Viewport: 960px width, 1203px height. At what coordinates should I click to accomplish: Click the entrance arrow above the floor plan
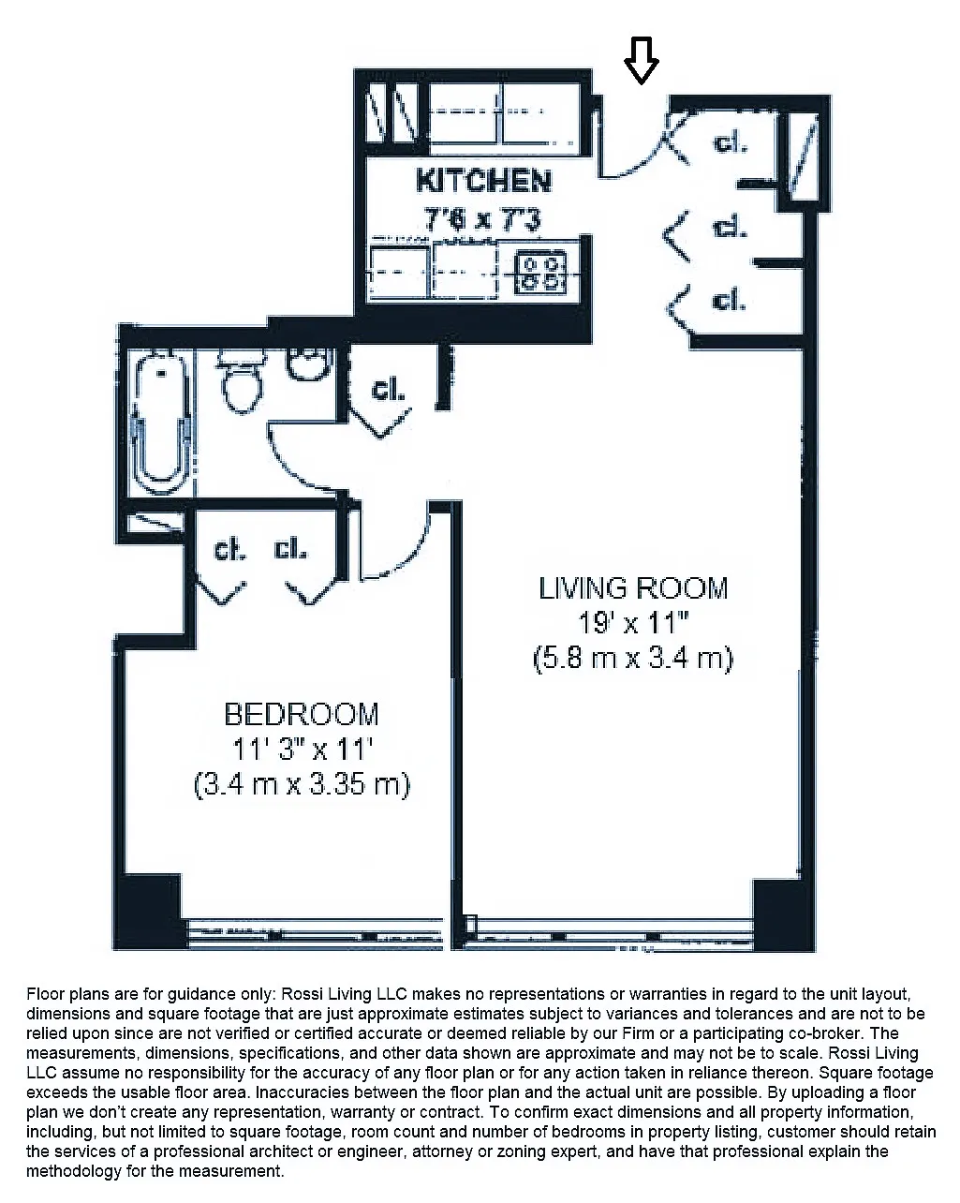(x=642, y=60)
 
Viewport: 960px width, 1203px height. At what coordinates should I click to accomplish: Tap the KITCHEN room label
(x=483, y=180)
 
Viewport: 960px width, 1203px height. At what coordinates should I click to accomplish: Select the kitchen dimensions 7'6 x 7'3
(x=483, y=218)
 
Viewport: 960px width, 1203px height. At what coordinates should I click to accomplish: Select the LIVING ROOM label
(x=633, y=588)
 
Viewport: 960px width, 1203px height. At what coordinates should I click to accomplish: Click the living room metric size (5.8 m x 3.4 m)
(x=633, y=658)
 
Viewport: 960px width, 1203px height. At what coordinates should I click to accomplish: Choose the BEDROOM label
(x=302, y=714)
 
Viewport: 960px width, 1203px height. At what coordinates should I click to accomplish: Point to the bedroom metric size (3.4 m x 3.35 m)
(x=302, y=783)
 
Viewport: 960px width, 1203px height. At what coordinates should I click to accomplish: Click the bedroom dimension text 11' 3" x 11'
(x=302, y=749)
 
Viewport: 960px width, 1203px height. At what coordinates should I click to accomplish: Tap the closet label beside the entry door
(x=730, y=143)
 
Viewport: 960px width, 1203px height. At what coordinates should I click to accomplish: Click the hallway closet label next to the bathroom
(x=389, y=390)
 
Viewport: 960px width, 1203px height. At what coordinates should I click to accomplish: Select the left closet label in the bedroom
(x=229, y=550)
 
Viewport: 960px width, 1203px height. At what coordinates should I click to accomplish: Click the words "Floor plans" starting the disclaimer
(x=64, y=994)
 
